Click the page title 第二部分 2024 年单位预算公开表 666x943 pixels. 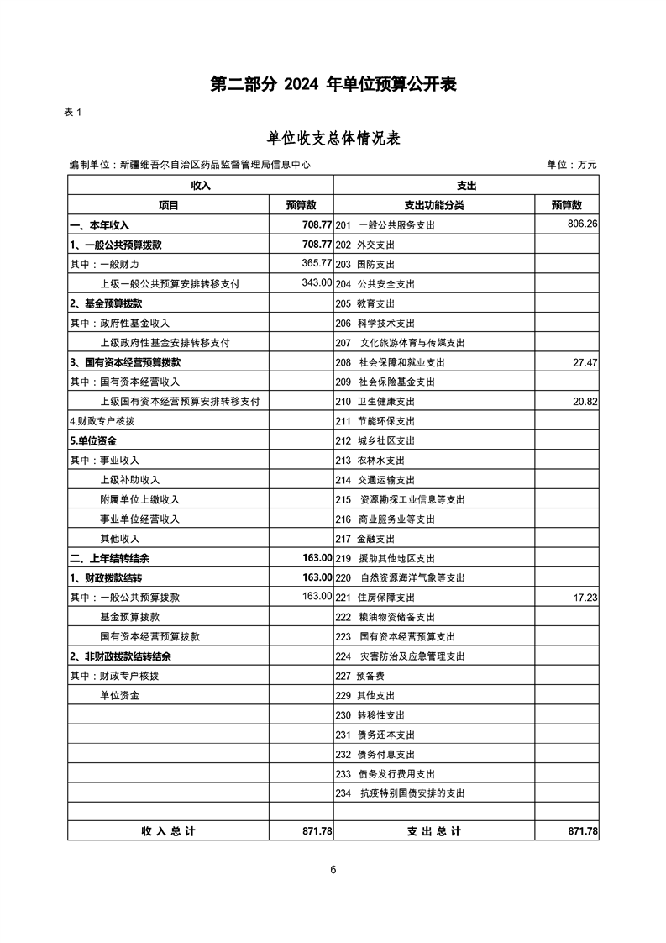coord(333,85)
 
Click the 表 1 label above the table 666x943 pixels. coord(72,113)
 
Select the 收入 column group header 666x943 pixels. coord(201,185)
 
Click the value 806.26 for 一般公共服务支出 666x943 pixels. coord(582,224)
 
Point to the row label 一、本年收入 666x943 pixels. coord(99,225)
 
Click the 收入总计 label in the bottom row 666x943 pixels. coord(168,831)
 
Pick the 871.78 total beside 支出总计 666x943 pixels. coord(583,831)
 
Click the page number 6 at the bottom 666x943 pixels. coord(333,870)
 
